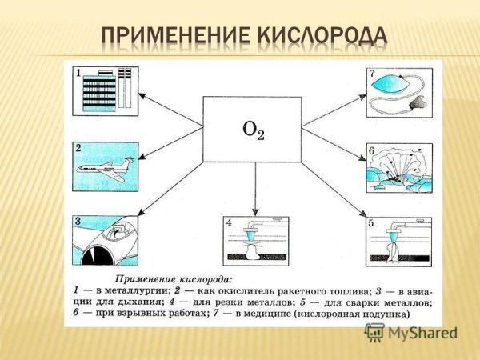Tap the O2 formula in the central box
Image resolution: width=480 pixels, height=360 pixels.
(x=252, y=130)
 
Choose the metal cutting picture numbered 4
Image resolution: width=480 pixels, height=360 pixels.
(x=254, y=240)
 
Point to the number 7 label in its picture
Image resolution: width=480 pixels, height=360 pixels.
(x=372, y=74)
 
